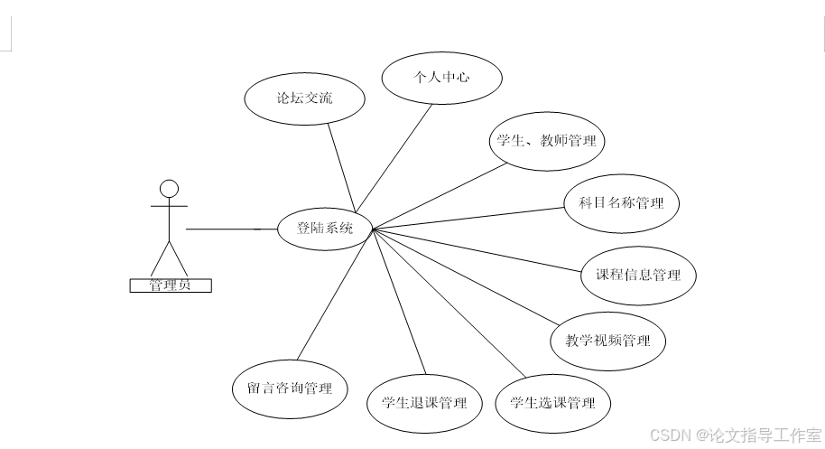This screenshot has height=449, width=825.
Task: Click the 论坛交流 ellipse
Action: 304,98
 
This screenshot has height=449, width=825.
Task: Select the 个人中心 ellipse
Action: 441,78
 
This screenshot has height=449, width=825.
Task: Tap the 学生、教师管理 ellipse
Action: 545,141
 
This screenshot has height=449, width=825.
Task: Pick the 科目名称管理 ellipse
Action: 621,203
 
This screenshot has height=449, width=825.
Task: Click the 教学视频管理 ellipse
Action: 607,341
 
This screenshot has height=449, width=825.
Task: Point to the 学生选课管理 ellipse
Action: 552,402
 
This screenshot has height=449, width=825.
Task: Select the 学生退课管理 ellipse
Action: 424,402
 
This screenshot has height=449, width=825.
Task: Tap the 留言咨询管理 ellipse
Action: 289,388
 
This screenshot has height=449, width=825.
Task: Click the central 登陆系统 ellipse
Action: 324,229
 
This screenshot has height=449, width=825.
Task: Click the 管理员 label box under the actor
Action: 171,285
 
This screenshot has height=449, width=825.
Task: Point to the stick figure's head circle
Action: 169,189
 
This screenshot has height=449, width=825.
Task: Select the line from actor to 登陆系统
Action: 230,229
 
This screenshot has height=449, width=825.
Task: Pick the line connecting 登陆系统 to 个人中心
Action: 403,163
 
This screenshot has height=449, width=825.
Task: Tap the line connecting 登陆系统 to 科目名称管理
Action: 469,217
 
